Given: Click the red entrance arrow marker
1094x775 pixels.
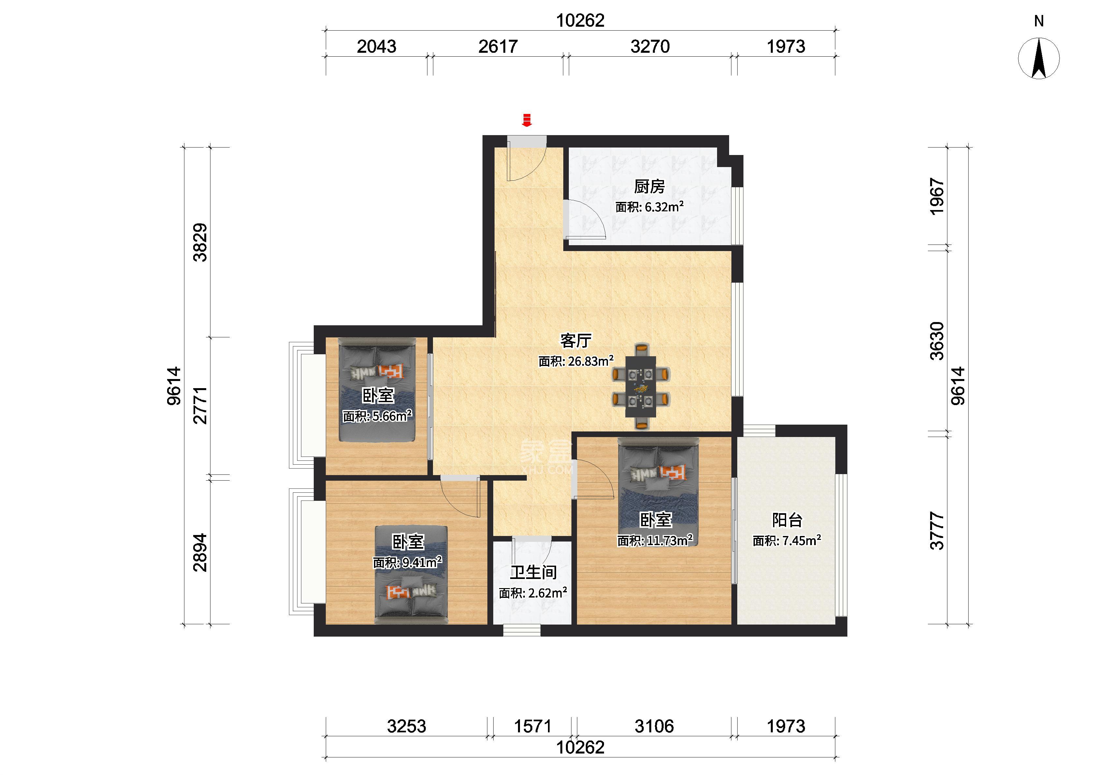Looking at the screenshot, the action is point(526,120).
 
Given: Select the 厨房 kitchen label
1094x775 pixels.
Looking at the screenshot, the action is point(649,186).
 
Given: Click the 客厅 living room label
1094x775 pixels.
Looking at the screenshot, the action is point(576,341).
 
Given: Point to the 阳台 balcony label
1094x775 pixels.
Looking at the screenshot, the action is point(787,520).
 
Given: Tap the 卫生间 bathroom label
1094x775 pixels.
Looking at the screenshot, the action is point(533,572).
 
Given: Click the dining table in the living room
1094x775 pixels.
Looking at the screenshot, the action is point(641,387).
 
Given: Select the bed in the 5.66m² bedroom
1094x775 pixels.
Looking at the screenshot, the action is point(377,389).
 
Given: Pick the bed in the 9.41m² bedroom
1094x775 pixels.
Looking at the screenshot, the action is point(411,574).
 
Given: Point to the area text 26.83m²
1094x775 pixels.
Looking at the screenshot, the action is point(590,361).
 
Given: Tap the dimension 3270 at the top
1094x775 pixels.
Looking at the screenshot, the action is point(650,46).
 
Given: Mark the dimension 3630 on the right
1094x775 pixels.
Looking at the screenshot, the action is point(937,341).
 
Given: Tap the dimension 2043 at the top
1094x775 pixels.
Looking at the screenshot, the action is point(377,46).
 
